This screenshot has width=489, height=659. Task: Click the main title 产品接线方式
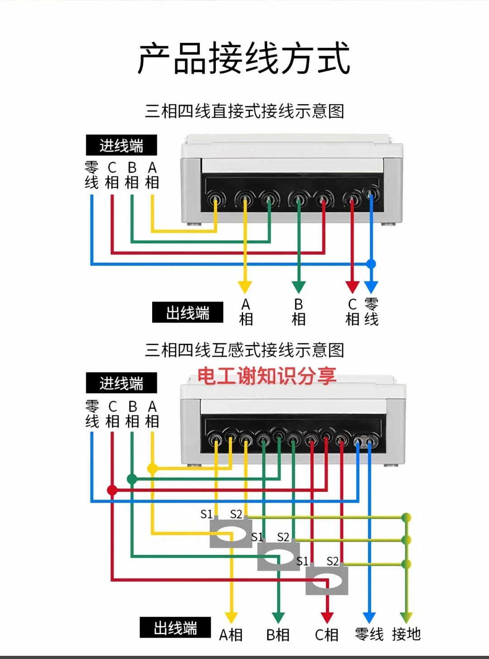click(x=244, y=58)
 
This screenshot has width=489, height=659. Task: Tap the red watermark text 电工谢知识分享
click(x=267, y=375)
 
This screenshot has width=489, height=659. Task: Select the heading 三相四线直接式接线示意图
click(x=244, y=111)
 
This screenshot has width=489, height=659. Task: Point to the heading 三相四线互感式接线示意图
click(x=244, y=350)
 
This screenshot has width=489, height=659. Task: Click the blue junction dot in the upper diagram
click(x=371, y=264)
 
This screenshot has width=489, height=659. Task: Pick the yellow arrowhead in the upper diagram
click(x=245, y=287)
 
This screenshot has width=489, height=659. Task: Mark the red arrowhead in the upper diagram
click(x=352, y=287)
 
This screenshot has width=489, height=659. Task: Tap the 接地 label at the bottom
click(x=406, y=634)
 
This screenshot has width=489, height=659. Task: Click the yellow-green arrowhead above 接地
click(x=406, y=617)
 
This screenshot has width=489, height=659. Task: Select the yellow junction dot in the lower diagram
click(x=153, y=469)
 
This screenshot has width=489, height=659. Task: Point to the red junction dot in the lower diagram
click(x=112, y=490)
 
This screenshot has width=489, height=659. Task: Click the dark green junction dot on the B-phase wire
click(x=132, y=479)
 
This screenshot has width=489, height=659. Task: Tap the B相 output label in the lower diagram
click(x=278, y=635)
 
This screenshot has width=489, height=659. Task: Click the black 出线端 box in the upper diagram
click(x=187, y=312)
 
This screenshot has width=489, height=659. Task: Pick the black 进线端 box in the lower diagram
click(x=121, y=383)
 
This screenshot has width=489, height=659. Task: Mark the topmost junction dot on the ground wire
click(x=406, y=518)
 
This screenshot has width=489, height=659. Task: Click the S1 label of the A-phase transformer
click(x=206, y=514)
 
